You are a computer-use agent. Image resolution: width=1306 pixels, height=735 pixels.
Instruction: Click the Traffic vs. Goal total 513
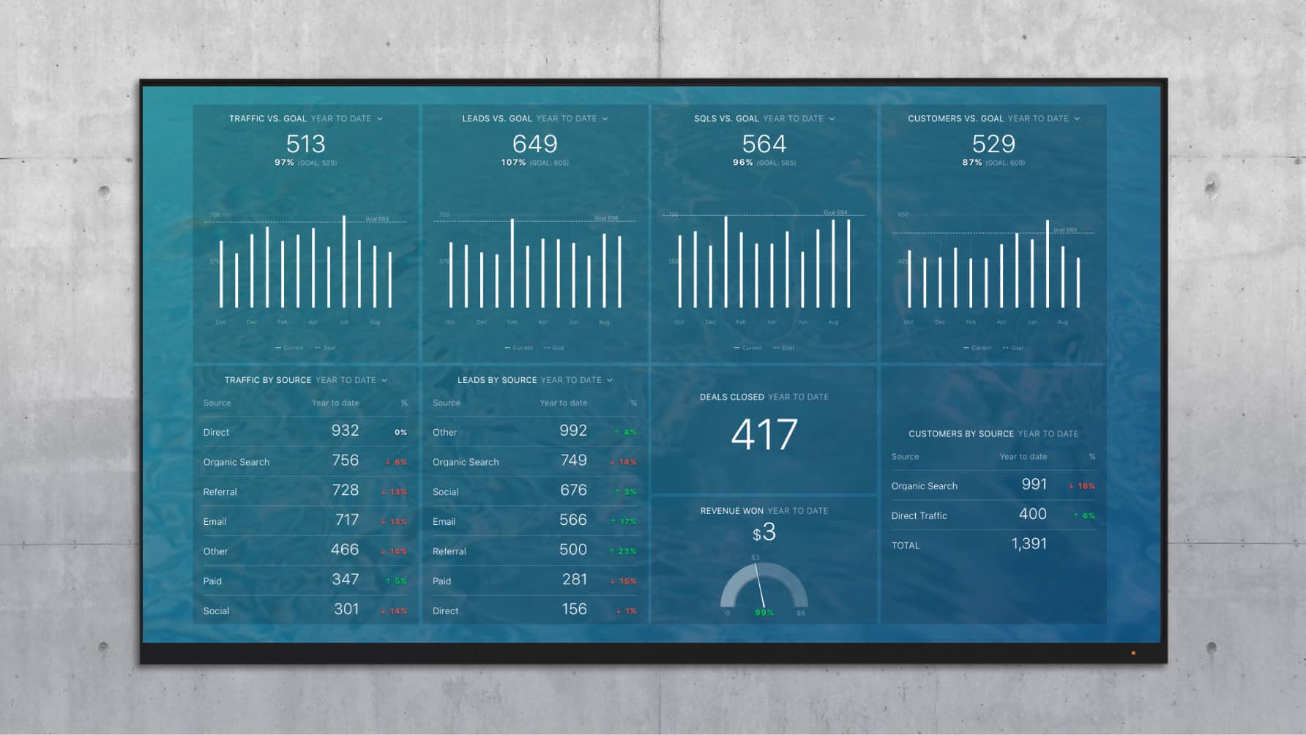305,143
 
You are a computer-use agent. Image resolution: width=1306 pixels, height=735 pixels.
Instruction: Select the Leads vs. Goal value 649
535,143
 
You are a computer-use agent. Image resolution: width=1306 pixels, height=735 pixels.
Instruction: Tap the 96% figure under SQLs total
743,163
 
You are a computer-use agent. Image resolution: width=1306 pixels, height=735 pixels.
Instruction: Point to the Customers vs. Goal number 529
993,143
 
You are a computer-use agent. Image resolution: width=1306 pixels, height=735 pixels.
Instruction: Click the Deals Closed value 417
764,434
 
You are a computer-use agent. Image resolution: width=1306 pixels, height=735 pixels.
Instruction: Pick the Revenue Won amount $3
764,532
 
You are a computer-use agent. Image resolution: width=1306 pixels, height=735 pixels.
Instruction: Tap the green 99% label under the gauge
764,613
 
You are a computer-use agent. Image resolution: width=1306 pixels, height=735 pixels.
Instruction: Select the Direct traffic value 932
345,430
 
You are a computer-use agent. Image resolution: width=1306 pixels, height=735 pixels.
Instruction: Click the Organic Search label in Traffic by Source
236,462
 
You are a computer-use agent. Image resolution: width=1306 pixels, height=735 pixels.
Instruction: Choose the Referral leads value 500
573,550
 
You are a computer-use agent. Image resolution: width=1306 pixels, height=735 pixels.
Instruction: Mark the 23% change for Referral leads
624,551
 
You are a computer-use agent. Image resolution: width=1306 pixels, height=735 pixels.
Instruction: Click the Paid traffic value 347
345,580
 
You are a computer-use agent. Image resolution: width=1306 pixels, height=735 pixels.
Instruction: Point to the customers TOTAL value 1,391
1029,544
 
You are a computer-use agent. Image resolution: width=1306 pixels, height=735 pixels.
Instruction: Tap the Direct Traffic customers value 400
1032,514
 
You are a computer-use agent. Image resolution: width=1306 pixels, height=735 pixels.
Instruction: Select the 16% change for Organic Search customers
1082,486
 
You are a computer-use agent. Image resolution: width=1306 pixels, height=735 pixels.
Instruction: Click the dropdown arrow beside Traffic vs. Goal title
380,119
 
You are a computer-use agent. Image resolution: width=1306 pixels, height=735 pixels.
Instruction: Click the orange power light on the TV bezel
1133,653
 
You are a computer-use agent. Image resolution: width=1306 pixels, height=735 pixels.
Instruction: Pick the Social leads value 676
573,490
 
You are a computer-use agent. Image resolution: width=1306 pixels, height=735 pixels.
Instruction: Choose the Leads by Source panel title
497,380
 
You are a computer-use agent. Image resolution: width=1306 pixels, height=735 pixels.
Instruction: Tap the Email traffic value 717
347,520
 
